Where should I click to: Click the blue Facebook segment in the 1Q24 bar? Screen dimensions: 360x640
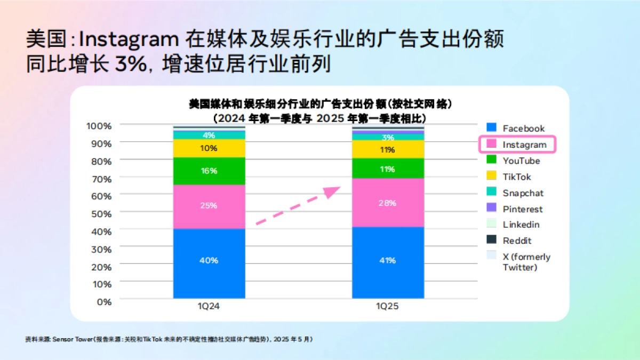click(209, 264)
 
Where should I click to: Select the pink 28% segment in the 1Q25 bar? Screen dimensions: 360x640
click(388, 203)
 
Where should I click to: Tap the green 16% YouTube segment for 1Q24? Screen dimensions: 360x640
click(209, 171)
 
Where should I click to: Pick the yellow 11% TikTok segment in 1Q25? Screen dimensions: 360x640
click(388, 149)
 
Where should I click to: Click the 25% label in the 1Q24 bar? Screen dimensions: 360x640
click(209, 205)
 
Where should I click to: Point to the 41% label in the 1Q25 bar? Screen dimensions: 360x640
click(388, 260)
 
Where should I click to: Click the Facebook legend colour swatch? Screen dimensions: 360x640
click(492, 128)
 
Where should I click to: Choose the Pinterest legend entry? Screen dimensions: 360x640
click(522, 209)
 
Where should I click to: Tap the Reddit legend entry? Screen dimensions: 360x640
click(517, 241)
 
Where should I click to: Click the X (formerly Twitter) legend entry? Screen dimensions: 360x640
click(526, 262)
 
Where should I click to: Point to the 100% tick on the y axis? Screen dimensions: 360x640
click(99, 126)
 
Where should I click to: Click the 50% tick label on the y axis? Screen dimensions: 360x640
click(100, 213)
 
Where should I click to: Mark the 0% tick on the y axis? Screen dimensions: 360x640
click(104, 301)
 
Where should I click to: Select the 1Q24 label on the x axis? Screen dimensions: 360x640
click(209, 307)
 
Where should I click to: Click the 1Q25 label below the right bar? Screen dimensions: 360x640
click(388, 307)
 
